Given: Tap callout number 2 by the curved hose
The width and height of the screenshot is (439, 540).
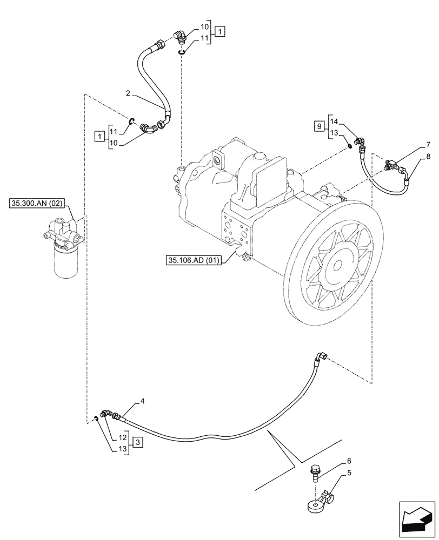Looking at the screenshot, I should pos(128,93).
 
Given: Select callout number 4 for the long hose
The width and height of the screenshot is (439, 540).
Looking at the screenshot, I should pos(142,401).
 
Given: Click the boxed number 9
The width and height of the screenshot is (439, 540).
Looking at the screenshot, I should pos(319,126).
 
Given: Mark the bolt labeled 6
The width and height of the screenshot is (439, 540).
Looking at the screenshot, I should pos(314,474).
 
